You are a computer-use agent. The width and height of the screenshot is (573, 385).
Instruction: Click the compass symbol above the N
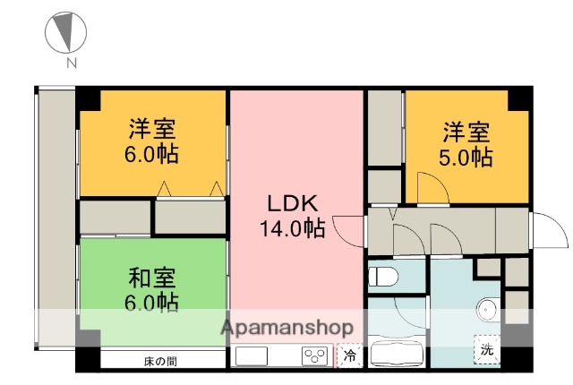(x=65, y=32)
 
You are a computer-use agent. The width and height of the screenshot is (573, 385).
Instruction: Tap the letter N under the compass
(x=70, y=64)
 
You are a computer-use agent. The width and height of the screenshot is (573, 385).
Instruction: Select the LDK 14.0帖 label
(x=291, y=215)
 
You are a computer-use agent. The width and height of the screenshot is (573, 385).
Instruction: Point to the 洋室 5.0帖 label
(x=466, y=145)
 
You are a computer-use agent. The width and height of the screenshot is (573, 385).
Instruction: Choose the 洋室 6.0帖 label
(x=150, y=141)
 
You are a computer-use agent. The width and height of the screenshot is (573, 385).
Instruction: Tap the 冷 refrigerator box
(x=349, y=355)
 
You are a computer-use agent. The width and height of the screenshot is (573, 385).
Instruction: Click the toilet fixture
(x=381, y=273)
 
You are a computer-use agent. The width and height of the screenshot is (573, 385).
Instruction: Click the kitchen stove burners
(x=314, y=356)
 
